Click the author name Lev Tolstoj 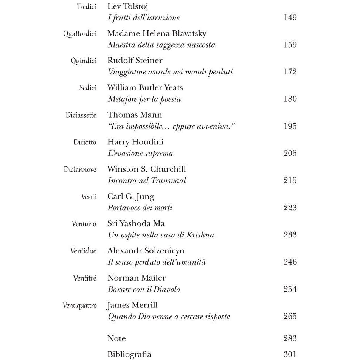point(127,6)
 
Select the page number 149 point(290,17)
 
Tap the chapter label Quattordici point(80,34)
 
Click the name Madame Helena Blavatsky point(157,34)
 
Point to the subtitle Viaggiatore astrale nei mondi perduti point(170,72)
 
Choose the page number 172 point(290,72)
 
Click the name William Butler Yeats point(145,88)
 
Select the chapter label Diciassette point(81,115)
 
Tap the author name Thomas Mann point(134,115)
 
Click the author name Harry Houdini point(135,142)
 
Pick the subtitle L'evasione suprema point(140,154)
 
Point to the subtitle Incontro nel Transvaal point(147,181)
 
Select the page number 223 point(290,208)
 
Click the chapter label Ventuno point(84,224)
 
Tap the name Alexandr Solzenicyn point(146,251)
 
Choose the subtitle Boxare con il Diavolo point(144,289)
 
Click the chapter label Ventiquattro point(79,306)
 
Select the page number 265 point(290,317)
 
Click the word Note point(116,338)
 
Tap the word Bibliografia point(129,355)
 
